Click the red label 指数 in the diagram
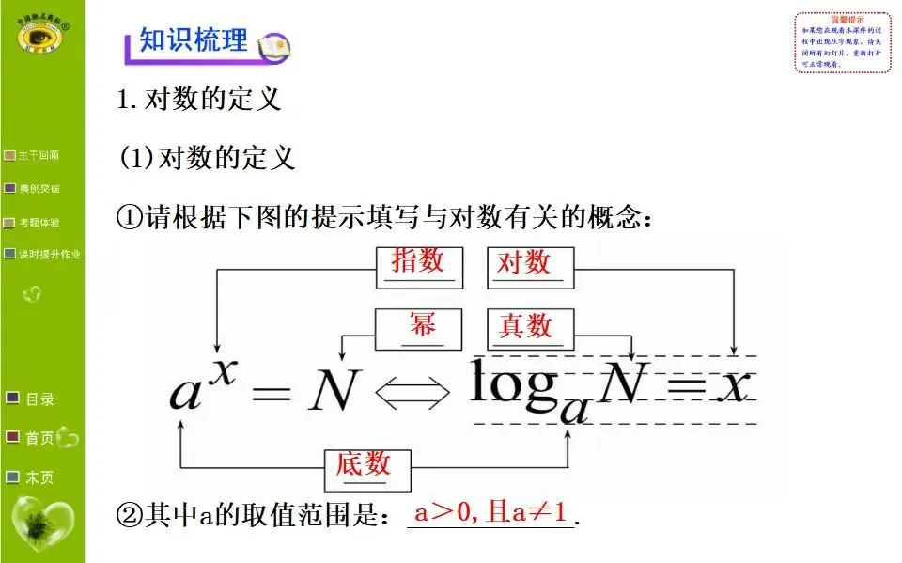pyautogui.click(x=417, y=262)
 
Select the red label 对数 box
pyautogui.click(x=523, y=262)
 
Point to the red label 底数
pyautogui.click(x=363, y=464)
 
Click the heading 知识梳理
pyautogui.click(x=193, y=41)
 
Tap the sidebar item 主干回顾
pyautogui.click(x=39, y=155)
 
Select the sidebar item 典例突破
pyautogui.click(x=39, y=189)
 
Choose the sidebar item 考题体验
pyautogui.click(x=39, y=223)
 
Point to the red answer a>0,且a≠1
pyautogui.click(x=490, y=513)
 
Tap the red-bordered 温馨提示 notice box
pyautogui.click(x=842, y=42)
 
